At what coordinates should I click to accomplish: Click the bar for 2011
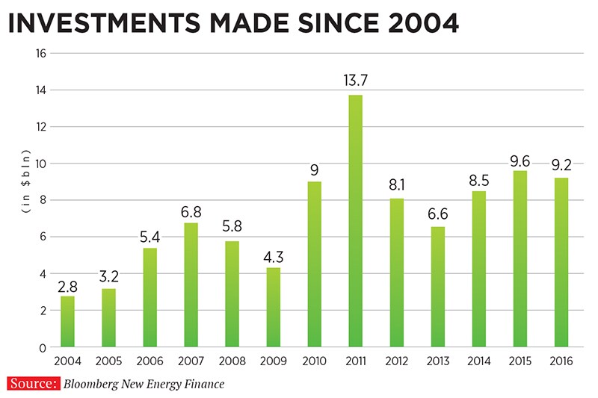[354, 221]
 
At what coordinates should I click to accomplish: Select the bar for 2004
[68, 321]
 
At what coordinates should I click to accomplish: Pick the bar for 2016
[560, 262]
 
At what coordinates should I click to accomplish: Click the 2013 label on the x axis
[437, 361]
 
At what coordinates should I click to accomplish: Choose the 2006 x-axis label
[149, 361]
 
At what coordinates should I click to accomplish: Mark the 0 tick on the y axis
[43, 347]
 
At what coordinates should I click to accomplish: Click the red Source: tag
[33, 384]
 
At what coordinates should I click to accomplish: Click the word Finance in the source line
[203, 385]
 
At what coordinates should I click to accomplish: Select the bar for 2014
[478, 269]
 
